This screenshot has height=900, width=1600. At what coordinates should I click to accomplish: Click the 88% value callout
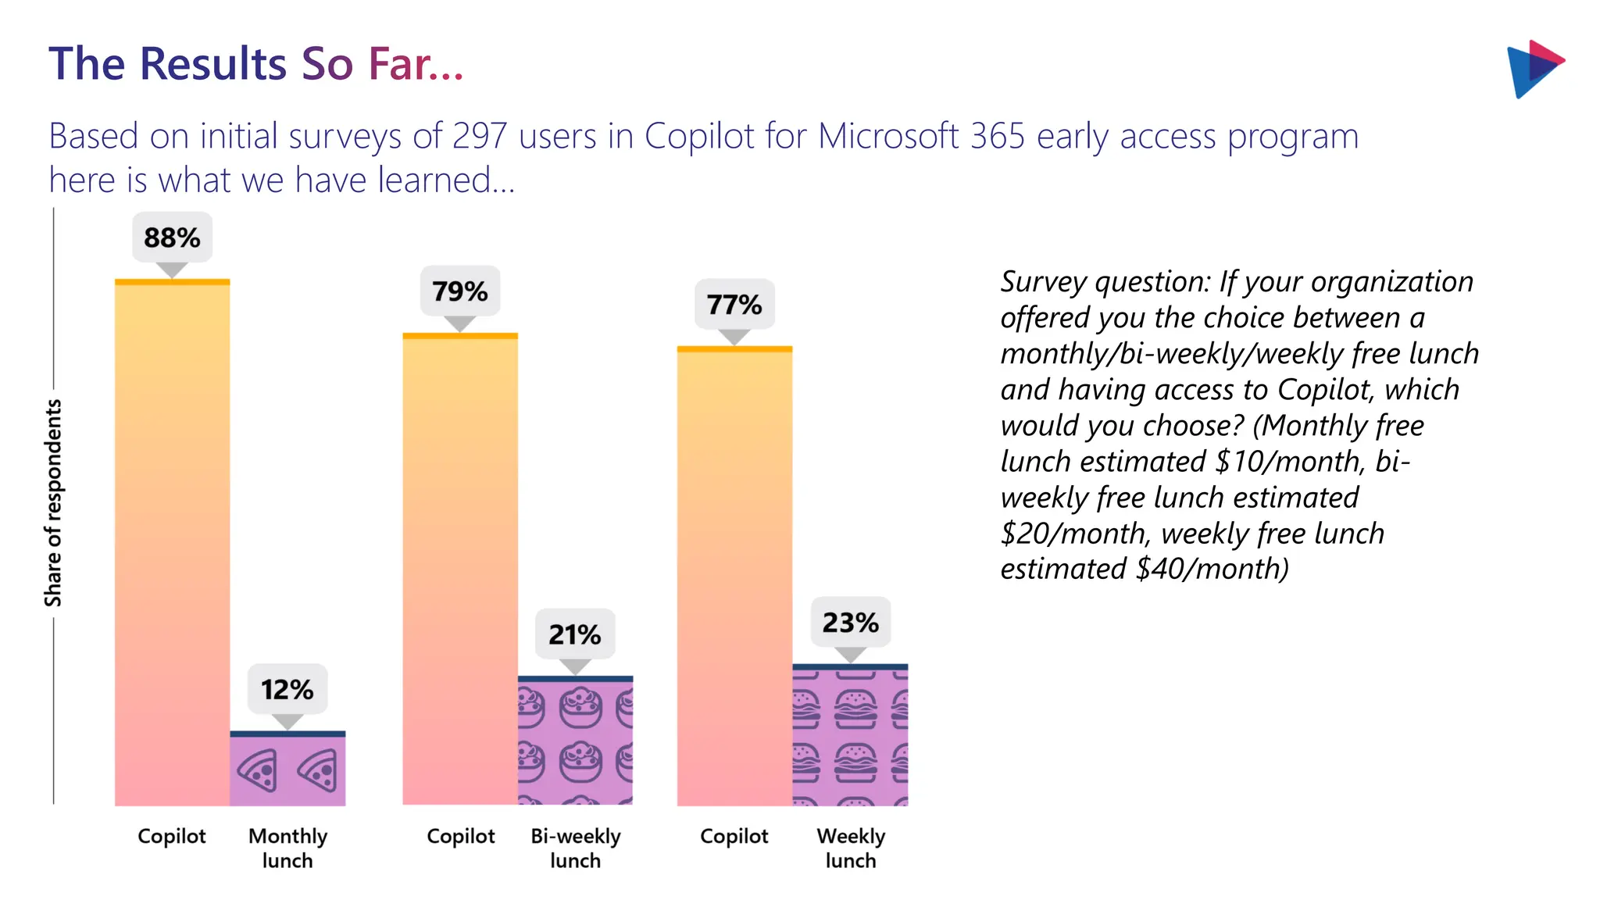coord(172,237)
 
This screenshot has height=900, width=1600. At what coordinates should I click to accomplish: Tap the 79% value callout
coord(459,291)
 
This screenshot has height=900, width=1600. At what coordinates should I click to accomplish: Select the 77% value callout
coord(734,305)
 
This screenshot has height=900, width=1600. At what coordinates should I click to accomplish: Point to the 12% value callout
coord(287,690)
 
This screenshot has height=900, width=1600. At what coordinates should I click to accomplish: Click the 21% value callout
coord(574,634)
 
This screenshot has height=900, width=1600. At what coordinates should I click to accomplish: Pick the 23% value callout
coord(850,623)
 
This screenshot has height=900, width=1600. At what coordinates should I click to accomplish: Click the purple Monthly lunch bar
coord(287,770)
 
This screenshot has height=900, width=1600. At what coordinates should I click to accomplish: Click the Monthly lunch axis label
coord(287,848)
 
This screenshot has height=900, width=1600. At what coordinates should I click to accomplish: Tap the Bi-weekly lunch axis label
coord(575,848)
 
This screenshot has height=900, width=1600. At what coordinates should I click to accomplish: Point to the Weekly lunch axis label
coord(851,848)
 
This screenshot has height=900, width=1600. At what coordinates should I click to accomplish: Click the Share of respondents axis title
coord(52,503)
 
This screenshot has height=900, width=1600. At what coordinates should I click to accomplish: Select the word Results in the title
coord(212,63)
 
